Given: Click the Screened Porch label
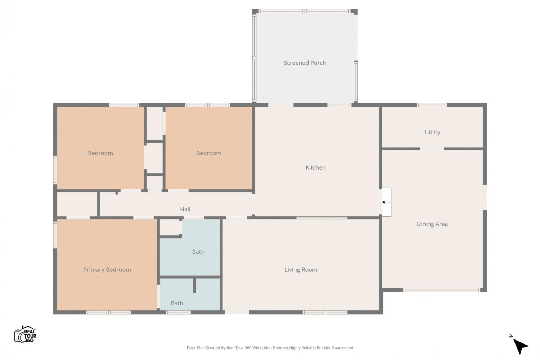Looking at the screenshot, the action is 305,63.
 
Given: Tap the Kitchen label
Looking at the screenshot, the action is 316,167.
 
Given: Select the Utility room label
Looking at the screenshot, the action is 432,132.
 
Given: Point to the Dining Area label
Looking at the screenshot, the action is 432,224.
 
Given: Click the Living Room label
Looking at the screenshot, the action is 301,270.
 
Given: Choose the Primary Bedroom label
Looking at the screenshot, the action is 107,270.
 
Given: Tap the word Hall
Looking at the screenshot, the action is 185,209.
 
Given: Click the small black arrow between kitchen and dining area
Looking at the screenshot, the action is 386,202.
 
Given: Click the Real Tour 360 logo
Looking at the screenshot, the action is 25,334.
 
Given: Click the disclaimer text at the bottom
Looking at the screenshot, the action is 270,348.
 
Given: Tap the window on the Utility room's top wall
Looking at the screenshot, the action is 432,105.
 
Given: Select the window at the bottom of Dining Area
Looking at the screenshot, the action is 442,290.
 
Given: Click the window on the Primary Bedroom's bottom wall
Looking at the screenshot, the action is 108,312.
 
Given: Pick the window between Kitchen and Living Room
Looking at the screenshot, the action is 322,218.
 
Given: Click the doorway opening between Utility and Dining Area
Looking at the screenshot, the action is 432,149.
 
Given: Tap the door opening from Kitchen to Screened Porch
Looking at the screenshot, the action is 281,105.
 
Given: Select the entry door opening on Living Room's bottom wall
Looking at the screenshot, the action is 237,312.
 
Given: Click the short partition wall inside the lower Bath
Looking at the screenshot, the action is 194,285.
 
